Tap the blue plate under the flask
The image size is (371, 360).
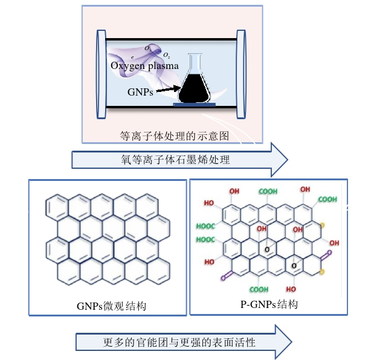[195, 105]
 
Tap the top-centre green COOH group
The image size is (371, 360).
[268, 192]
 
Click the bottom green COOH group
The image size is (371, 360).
[259, 289]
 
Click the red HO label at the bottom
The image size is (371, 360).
[291, 289]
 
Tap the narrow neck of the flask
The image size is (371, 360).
[195, 62]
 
